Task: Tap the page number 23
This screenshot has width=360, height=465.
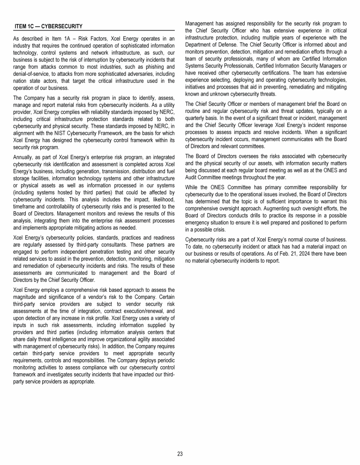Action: (x=180, y=454)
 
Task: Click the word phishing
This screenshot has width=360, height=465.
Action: (x=143, y=68)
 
